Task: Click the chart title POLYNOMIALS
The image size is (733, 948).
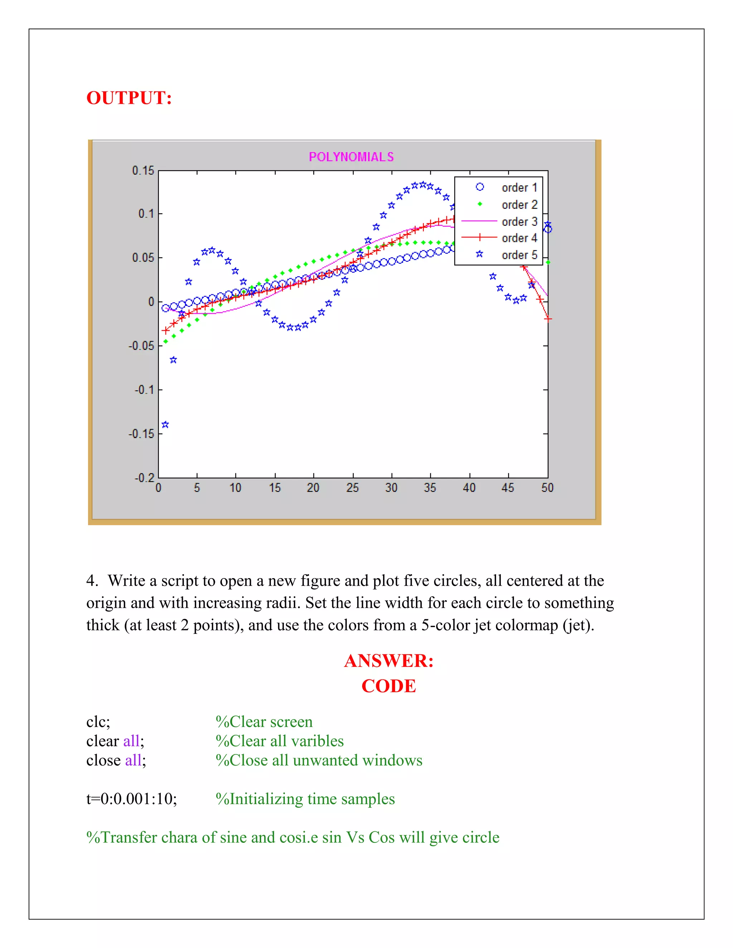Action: [351, 157]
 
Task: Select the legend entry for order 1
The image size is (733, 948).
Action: [519, 187]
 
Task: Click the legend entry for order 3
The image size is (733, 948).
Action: [519, 221]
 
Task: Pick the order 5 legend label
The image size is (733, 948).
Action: [519, 255]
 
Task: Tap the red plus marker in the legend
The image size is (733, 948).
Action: [479, 238]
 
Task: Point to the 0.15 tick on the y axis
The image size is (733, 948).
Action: [143, 171]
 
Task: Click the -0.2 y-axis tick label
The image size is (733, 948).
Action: [144, 478]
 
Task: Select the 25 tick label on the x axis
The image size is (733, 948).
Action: [353, 488]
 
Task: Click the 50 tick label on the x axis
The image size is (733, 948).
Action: [547, 488]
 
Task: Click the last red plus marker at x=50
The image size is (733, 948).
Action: [548, 319]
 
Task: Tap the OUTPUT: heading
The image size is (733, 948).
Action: [129, 98]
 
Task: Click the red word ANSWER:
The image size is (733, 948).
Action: [389, 661]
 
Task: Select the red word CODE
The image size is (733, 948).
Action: [389, 686]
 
